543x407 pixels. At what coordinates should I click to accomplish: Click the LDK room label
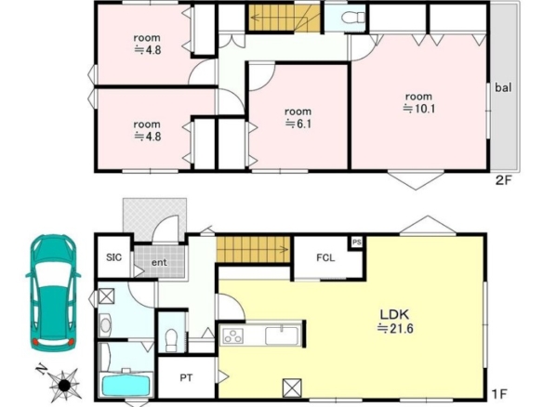[395, 315]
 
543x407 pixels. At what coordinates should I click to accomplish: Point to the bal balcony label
[503, 87]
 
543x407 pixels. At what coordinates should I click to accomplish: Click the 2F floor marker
[504, 180]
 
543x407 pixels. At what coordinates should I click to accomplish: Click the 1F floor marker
[499, 394]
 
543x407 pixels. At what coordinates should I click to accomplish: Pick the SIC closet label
[114, 257]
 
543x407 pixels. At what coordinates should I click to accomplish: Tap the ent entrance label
[159, 262]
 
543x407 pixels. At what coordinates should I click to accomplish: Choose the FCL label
[325, 257]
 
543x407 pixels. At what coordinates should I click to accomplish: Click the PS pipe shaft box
[357, 243]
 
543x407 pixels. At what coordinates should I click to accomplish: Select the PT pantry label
[186, 378]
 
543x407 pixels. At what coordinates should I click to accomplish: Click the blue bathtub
[126, 386]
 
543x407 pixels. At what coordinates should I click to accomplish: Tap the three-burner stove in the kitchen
[233, 335]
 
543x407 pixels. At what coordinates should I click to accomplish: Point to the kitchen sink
[282, 335]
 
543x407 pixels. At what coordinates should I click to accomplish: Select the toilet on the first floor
[171, 340]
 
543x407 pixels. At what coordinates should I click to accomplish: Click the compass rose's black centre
[64, 385]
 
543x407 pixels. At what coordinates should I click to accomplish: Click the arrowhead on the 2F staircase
[254, 17]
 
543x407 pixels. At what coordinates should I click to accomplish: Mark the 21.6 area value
[395, 328]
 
